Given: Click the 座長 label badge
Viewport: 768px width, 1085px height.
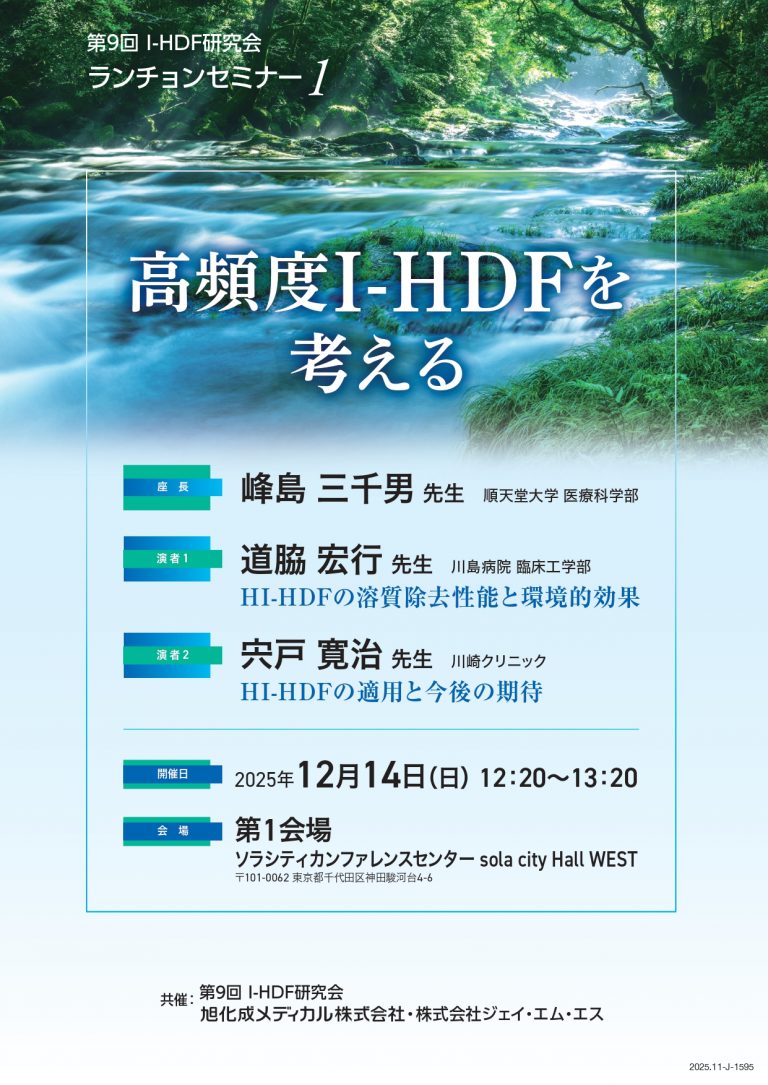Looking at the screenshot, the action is pyautogui.click(x=172, y=487).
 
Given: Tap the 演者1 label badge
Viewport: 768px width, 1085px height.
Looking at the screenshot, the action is pyautogui.click(x=172, y=558).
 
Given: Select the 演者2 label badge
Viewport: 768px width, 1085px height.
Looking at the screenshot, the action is pyautogui.click(x=172, y=655).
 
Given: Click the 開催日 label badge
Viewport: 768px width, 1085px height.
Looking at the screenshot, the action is pyautogui.click(x=172, y=774).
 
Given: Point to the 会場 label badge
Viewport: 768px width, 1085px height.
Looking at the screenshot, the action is pyautogui.click(x=172, y=831).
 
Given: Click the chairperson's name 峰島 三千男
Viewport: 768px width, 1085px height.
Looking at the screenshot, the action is pyautogui.click(x=327, y=489).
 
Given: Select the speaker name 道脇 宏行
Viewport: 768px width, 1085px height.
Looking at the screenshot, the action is pyautogui.click(x=311, y=559).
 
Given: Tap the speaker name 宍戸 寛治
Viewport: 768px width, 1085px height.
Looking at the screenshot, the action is pyautogui.click(x=311, y=655).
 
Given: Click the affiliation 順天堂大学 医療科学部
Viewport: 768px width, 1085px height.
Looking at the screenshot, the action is pyautogui.click(x=560, y=496).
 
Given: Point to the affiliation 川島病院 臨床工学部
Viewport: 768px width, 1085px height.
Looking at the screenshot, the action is pyautogui.click(x=521, y=567).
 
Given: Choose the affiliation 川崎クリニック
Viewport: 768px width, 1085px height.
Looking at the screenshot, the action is pyautogui.click(x=498, y=662).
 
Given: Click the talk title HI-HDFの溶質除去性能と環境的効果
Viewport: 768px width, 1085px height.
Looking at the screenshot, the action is pyautogui.click(x=440, y=597).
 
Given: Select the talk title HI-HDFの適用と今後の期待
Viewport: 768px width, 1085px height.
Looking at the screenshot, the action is pyautogui.click(x=392, y=691).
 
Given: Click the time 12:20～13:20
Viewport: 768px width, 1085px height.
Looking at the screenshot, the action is pyautogui.click(x=558, y=778).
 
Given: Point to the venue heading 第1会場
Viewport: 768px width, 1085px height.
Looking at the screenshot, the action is pyautogui.click(x=283, y=829).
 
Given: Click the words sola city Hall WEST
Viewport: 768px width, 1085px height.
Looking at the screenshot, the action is pyautogui.click(x=558, y=860).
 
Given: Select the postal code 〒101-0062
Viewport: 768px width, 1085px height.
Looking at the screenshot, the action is pyautogui.click(x=262, y=878).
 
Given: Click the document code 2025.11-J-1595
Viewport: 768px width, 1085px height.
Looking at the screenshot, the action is pyautogui.click(x=722, y=1067).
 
